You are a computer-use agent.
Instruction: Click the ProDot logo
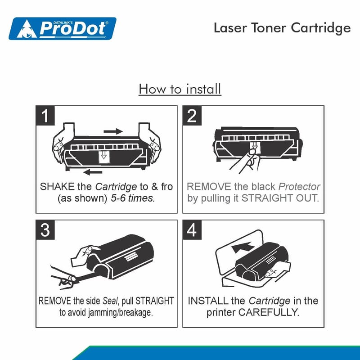(63, 28)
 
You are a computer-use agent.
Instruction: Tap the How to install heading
(180, 89)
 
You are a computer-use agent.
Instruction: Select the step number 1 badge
(45, 116)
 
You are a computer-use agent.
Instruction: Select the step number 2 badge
(192, 116)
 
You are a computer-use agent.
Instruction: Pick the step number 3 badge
(45, 230)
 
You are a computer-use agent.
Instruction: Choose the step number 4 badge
(192, 230)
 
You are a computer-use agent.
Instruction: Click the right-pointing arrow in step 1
(113, 131)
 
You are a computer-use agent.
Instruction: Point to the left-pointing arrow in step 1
(93, 172)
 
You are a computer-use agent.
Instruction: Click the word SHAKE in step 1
(57, 187)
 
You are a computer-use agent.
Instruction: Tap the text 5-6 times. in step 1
(133, 198)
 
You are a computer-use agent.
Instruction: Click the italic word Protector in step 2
(299, 187)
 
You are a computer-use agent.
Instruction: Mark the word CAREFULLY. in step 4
(269, 312)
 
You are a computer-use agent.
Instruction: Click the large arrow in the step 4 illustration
(243, 247)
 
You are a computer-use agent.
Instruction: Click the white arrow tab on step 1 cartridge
(104, 157)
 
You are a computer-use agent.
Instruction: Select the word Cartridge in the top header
(321, 28)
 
